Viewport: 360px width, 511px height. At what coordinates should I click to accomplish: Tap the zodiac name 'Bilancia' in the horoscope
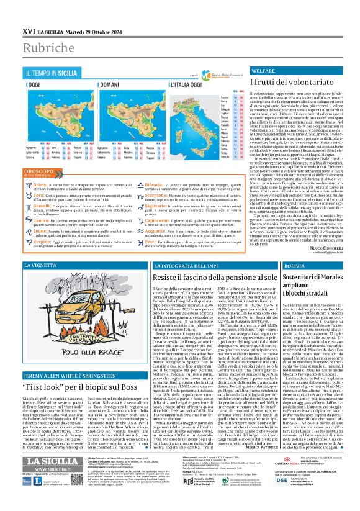(x=157, y=168)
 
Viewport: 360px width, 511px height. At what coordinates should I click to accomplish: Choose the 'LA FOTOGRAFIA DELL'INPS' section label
(x=173, y=265)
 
